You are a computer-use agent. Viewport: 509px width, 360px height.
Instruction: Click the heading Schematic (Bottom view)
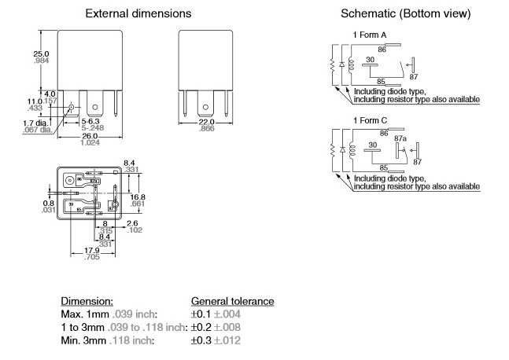tap(406, 14)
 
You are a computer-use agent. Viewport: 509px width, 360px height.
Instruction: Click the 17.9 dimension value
tap(91, 251)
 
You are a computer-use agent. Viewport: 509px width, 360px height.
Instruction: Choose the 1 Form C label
tap(367, 119)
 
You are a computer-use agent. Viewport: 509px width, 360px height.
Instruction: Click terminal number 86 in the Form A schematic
tap(382, 49)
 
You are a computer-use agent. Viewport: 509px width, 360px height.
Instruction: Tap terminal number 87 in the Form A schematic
tap(414, 76)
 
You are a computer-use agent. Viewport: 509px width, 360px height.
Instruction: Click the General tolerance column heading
tap(232, 301)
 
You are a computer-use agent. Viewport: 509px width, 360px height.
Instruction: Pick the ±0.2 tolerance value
tap(204, 327)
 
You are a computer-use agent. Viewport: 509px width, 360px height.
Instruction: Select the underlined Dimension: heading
tap(87, 301)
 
